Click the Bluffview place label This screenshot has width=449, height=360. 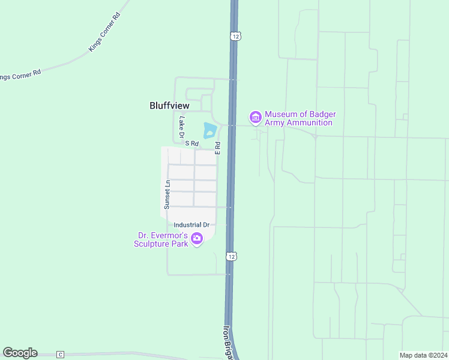pyautogui.click(x=169, y=106)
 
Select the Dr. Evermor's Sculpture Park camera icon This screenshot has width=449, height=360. pyautogui.click(x=196, y=240)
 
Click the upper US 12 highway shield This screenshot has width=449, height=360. pyautogui.click(x=235, y=37)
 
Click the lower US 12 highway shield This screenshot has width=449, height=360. pyautogui.click(x=231, y=256)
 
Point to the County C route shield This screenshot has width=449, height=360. pyautogui.click(x=60, y=355)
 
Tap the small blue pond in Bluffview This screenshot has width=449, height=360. pyautogui.click(x=209, y=130)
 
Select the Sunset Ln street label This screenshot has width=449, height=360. pyautogui.click(x=167, y=194)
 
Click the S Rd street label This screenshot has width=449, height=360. pyautogui.click(x=191, y=143)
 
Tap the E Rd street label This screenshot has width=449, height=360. pyautogui.click(x=218, y=148)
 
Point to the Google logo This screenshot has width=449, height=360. pyautogui.click(x=20, y=353)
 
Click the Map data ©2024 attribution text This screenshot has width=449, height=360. pyautogui.click(x=424, y=355)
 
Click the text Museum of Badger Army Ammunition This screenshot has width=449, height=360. pyautogui.click(x=299, y=119)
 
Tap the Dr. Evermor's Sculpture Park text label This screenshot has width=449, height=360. pyautogui.click(x=161, y=240)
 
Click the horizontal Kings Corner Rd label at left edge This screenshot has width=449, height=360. pyautogui.click(x=20, y=75)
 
